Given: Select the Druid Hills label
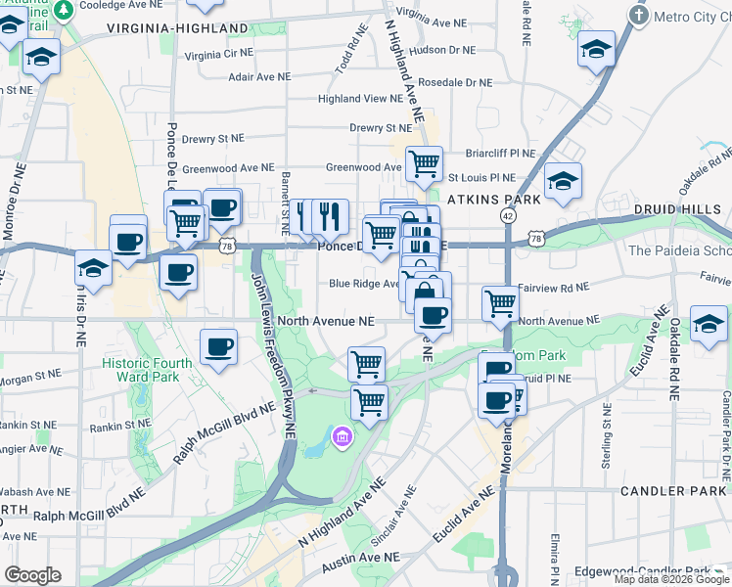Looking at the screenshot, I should (674, 209).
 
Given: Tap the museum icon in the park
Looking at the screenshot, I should (342, 434).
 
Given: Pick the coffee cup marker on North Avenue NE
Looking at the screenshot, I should (433, 315).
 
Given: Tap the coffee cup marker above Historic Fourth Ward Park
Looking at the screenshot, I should (218, 346).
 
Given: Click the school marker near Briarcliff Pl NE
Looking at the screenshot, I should (563, 181).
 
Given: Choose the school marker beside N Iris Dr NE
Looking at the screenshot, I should (93, 269).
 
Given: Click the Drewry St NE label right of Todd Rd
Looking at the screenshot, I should (381, 128).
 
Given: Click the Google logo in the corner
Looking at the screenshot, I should (32, 574).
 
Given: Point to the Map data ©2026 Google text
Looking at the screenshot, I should (671, 579).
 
